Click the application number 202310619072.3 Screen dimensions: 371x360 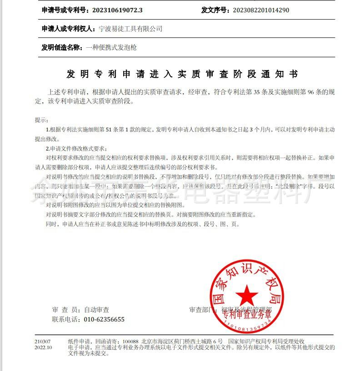click(x=117, y=10)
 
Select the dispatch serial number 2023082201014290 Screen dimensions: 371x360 click(x=260, y=10)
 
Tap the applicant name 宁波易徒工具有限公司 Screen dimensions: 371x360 click(x=130, y=29)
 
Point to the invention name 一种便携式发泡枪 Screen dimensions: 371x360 click(x=111, y=47)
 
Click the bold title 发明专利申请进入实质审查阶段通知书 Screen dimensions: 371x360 click(x=182, y=74)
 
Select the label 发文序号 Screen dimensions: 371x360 click(x=215, y=10)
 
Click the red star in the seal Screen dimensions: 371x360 click(x=247, y=296)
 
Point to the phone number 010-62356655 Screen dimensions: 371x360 click(x=104, y=319)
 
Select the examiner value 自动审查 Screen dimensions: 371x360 click(x=96, y=310)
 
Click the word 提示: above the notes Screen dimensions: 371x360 click(x=41, y=120)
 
